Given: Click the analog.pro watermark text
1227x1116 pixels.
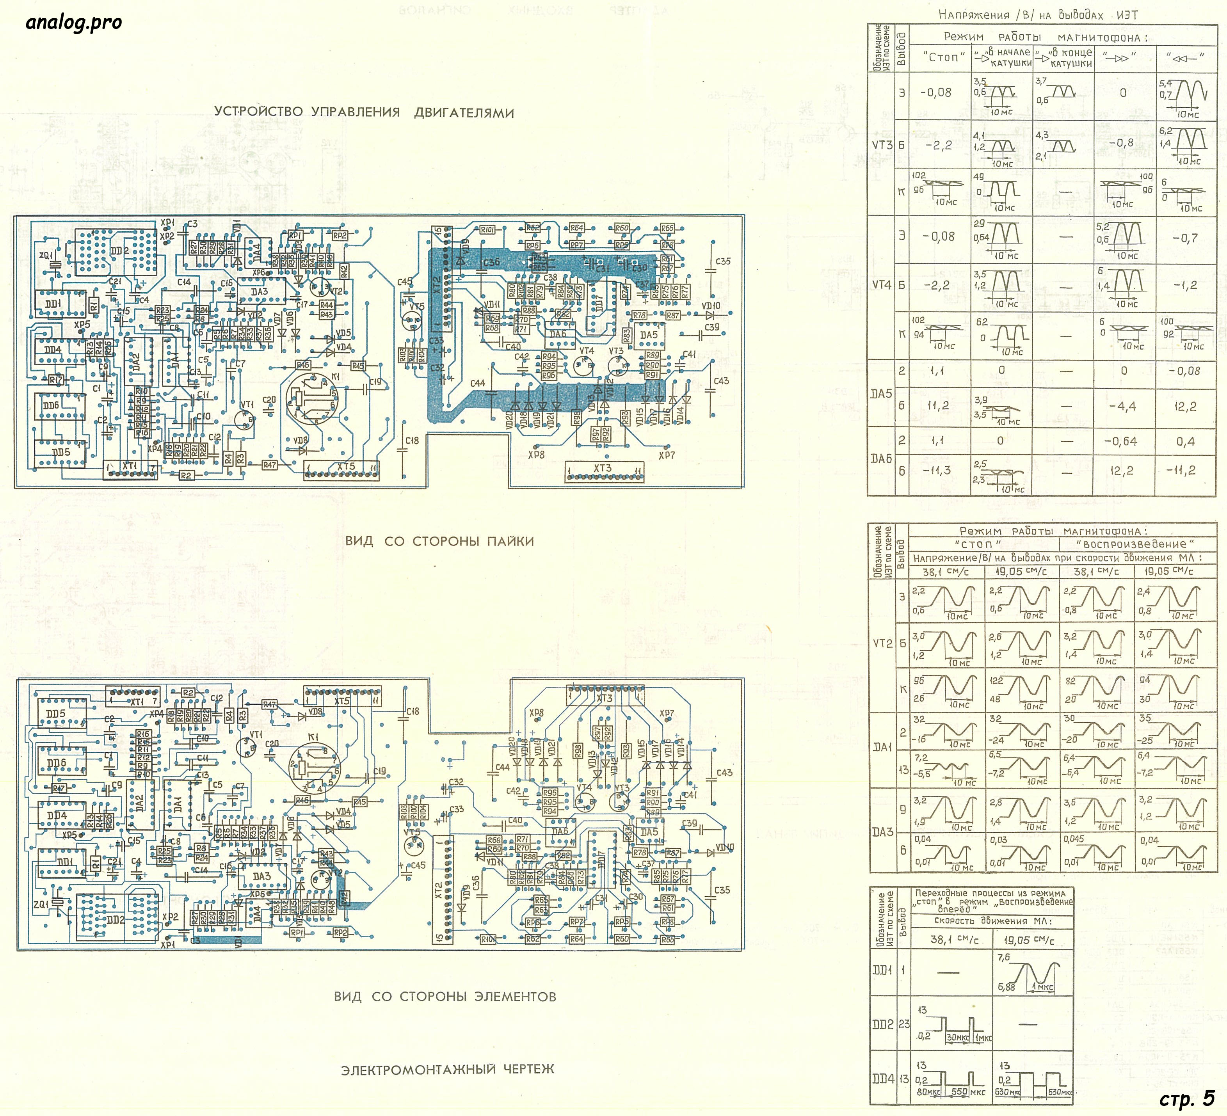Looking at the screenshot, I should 74,23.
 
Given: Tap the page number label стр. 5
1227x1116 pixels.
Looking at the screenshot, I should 1186,1098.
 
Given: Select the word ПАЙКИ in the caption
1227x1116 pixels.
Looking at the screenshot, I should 510,541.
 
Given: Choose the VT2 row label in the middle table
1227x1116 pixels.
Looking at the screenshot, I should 882,643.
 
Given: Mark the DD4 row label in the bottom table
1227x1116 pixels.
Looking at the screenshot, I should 882,1078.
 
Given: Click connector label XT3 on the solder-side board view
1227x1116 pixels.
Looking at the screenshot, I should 603,467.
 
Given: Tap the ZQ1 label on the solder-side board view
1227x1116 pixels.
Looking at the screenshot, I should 47,256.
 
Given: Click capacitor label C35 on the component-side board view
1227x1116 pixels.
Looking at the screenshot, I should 722,890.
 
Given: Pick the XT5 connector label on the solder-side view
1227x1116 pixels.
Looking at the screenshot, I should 346,467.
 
